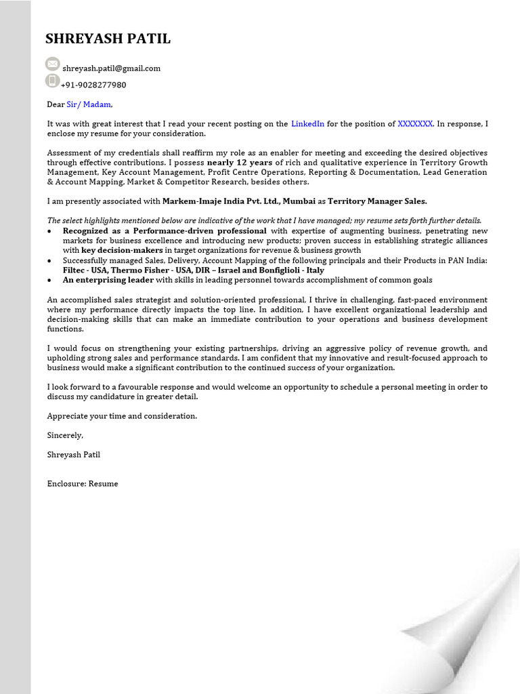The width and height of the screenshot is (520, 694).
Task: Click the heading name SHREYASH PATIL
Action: [x=108, y=39]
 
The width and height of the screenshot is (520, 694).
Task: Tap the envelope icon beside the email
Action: [x=53, y=64]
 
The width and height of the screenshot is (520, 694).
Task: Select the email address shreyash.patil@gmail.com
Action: [x=111, y=68]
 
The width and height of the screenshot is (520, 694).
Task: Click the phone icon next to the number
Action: [x=53, y=81]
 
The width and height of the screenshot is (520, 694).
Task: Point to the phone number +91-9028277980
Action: [x=93, y=85]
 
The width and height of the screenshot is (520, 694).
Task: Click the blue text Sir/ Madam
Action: [x=88, y=104]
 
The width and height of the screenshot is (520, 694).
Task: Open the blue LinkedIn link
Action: [x=307, y=124]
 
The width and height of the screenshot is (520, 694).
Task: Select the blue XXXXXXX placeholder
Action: [x=415, y=124]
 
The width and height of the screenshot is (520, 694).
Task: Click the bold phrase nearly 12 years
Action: [x=240, y=163]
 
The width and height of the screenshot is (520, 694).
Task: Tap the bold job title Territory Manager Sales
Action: [x=377, y=201]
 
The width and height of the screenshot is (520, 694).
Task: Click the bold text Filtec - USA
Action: [x=85, y=270]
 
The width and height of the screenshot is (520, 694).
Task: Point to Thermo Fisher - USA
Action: [x=141, y=270]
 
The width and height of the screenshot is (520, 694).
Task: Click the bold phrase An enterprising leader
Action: [x=108, y=280]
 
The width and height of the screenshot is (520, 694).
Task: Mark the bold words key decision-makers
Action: [x=122, y=250]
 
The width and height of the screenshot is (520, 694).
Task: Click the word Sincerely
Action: [x=65, y=435]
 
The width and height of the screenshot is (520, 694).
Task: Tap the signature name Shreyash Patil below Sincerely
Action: [x=73, y=455]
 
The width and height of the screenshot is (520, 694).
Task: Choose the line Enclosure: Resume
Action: [x=82, y=484]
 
